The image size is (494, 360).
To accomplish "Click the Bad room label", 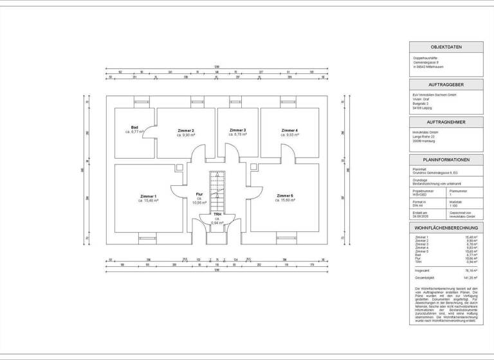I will click(135, 127).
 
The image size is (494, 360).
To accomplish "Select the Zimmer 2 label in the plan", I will click(185, 130).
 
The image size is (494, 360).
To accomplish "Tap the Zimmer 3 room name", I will click(237, 130).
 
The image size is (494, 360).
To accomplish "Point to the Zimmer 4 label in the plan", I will click(289, 130).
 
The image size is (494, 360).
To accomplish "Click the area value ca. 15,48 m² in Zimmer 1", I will click(148, 201).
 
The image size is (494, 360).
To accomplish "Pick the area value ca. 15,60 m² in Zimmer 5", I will click(285, 200).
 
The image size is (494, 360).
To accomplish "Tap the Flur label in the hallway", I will click(199, 194).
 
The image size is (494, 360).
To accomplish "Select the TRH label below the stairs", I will click(217, 214).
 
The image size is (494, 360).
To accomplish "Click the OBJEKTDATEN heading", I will click(446, 48).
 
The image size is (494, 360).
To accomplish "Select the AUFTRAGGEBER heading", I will click(446, 85).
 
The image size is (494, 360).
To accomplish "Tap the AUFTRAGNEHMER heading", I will click(446, 122).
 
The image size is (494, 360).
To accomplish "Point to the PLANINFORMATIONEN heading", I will click(446, 159).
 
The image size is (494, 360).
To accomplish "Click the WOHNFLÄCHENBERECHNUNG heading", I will click(446, 228).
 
